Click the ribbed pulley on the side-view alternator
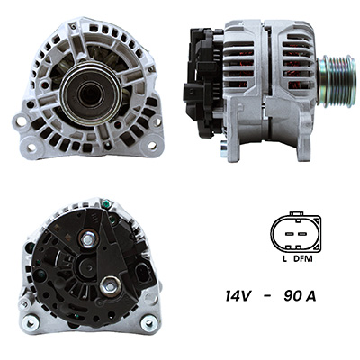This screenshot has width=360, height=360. (x=337, y=81)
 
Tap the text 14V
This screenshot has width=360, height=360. (x=238, y=296)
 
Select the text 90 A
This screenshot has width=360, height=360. (x=300, y=296)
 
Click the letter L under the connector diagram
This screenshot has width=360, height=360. (x=284, y=258)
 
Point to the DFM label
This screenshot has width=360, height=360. (x=303, y=258)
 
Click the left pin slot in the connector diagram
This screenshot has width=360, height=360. (x=289, y=234)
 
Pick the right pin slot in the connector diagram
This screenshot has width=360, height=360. (x=301, y=234)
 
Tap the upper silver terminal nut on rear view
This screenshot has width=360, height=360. (x=88, y=238)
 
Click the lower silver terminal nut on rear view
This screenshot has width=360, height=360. (x=111, y=287)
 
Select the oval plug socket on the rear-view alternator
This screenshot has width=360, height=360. (x=141, y=274)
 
